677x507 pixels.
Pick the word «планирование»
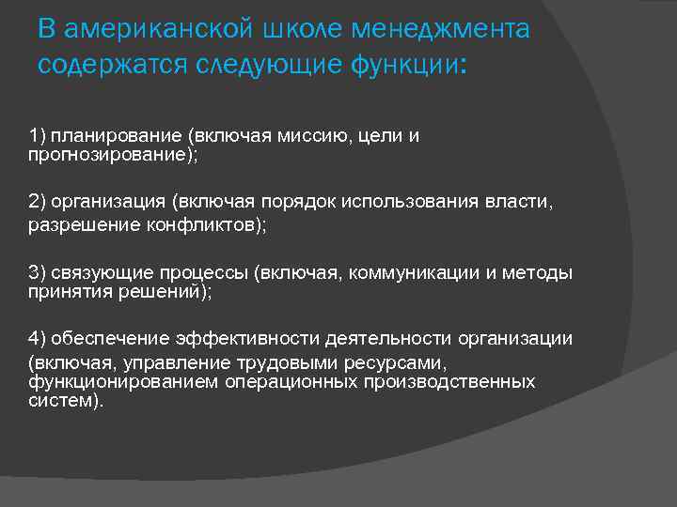pos(116,136)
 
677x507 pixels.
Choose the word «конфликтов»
pos(206,225)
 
